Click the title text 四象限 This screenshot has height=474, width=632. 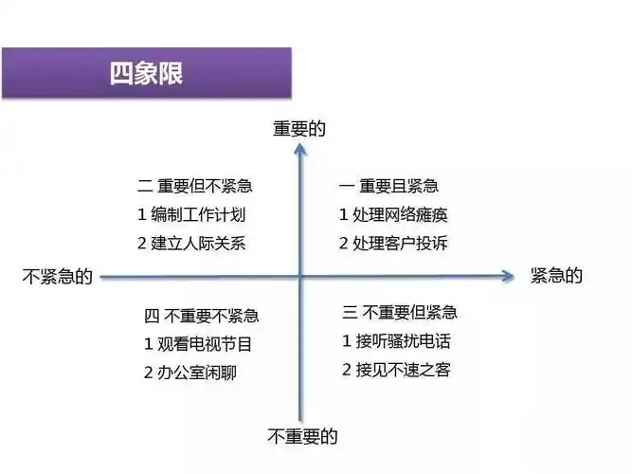pyautogui.click(x=146, y=74)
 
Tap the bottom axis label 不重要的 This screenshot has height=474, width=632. pyautogui.click(x=302, y=437)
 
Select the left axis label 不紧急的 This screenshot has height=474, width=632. pyautogui.click(x=57, y=277)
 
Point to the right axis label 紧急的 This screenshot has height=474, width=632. pyautogui.click(x=555, y=276)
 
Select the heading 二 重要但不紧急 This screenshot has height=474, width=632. pyautogui.click(x=195, y=187)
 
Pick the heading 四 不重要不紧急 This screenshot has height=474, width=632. pyautogui.click(x=201, y=316)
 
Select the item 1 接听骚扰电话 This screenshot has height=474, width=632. pyautogui.click(x=397, y=340)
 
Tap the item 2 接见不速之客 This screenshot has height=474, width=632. pyautogui.click(x=396, y=369)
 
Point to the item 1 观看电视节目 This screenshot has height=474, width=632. pyautogui.click(x=198, y=344)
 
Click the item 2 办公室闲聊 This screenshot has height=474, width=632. pyautogui.click(x=190, y=373)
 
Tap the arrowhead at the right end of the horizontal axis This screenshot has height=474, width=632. pyautogui.click(x=507, y=277)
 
